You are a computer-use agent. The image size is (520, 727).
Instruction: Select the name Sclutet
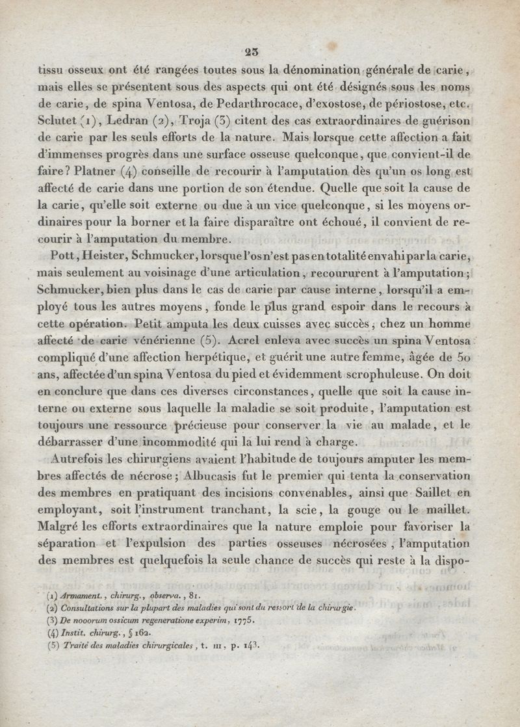(58, 122)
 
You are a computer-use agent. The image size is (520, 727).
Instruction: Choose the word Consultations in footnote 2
(92, 608)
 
